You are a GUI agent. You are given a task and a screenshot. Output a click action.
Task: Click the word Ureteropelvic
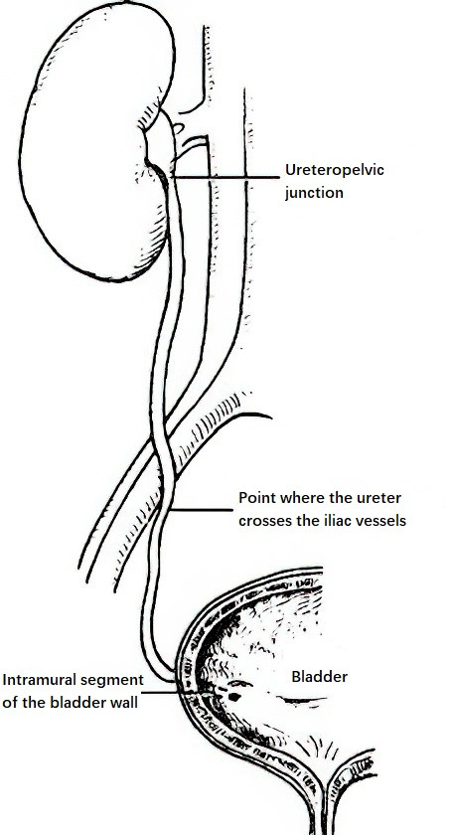[335, 171]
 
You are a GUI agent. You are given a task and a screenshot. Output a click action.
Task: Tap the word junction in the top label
[314, 192]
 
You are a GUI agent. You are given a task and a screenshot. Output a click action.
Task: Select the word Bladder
[319, 677]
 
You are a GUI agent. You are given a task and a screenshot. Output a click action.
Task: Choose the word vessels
[379, 519]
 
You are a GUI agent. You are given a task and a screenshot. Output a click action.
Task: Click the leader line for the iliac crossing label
[202, 510]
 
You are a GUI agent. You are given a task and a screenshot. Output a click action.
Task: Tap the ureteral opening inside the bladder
[235, 696]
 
